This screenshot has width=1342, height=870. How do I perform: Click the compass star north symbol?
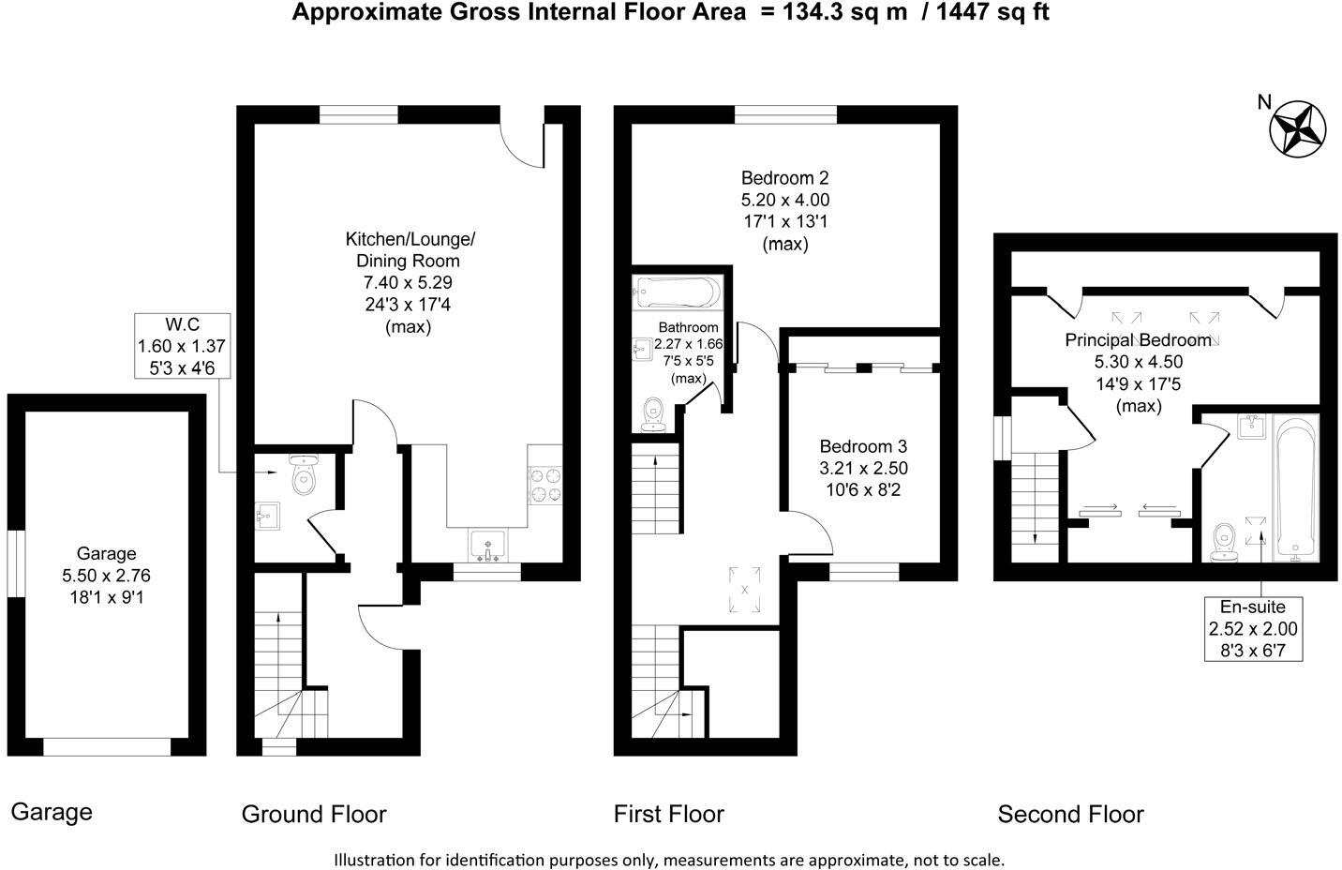click(x=1298, y=127)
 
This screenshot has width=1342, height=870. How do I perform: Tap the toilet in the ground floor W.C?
click(x=304, y=476)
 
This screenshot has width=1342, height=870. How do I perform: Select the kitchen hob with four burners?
click(x=545, y=485)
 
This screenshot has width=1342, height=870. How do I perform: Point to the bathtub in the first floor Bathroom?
click(x=678, y=292)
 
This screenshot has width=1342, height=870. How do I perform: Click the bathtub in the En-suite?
click(x=1295, y=487)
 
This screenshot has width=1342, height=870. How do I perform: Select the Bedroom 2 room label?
click(x=784, y=178)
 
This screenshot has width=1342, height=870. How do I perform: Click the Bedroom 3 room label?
click(x=863, y=446)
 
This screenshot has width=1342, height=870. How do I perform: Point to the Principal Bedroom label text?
click(x=1138, y=339)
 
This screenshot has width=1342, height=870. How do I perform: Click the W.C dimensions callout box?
click(x=182, y=346)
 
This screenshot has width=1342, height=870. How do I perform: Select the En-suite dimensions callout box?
click(x=1252, y=627)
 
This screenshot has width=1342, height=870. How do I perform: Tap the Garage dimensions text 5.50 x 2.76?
click(x=107, y=576)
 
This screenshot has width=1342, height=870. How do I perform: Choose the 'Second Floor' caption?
click(x=1070, y=814)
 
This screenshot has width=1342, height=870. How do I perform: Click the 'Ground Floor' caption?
click(x=314, y=814)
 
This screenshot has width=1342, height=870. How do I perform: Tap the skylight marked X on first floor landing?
click(x=744, y=591)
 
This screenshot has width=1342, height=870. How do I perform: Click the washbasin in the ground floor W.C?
click(x=268, y=517)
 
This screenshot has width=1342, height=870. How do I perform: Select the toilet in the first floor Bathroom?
click(x=654, y=413)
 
